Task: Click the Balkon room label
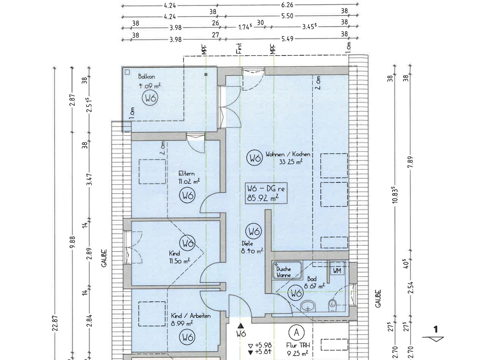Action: [146, 76]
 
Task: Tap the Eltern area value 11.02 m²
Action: [189, 181]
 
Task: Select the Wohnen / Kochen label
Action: [288, 154]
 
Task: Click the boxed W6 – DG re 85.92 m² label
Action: [266, 193]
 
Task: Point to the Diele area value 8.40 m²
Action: [252, 251]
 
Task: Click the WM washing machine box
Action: [337, 270]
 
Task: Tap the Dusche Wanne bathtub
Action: [287, 271]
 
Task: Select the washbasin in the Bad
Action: [308, 306]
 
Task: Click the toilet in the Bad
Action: [332, 305]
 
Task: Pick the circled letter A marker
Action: [296, 332]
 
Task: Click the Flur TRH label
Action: [298, 345]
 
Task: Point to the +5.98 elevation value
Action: [263, 345]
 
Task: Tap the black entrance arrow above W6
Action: [241, 326]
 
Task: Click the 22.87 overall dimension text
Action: [55, 323]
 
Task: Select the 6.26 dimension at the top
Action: [287, 5]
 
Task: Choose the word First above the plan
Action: [239, 48]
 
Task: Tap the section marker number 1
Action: [436, 329]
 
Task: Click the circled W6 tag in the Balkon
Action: [150, 98]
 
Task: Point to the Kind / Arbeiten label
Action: [190, 316]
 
